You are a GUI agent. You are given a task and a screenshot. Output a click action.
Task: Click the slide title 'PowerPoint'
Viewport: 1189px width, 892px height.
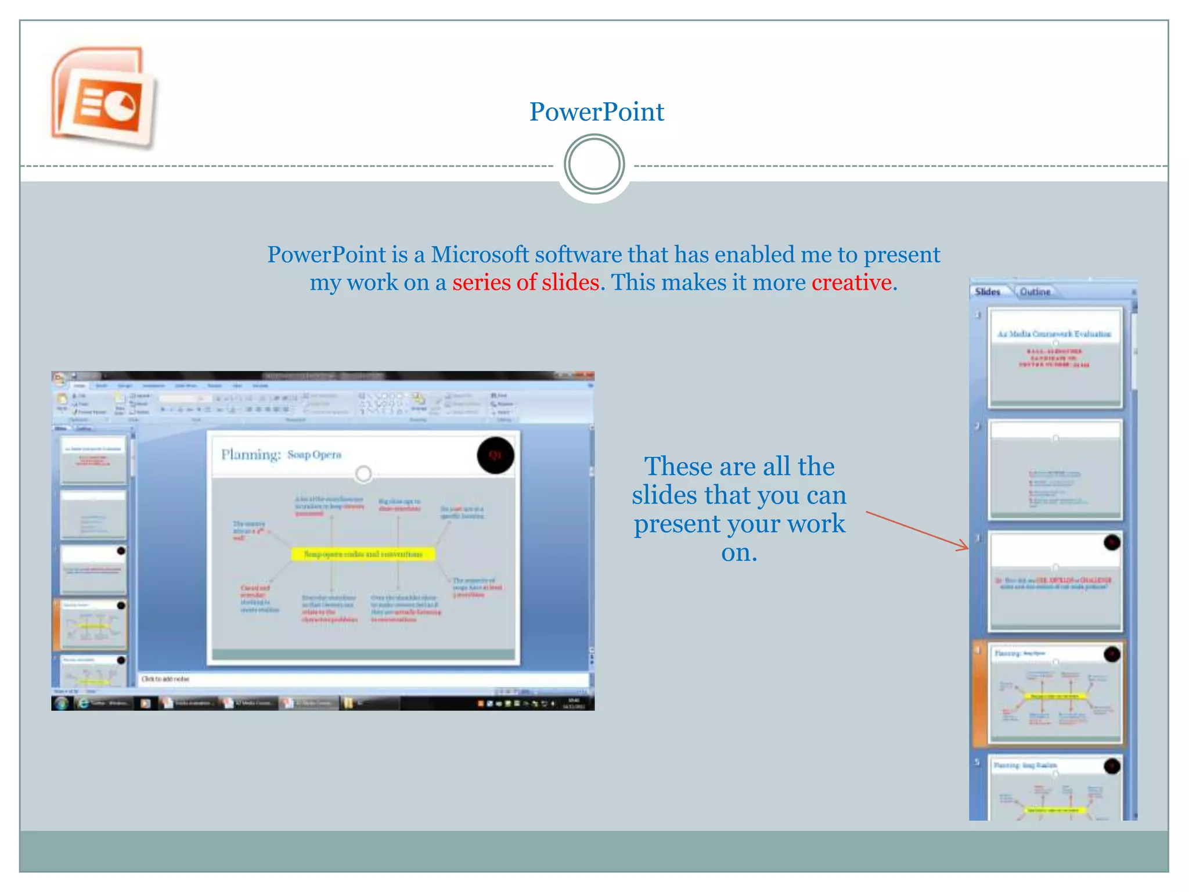tap(596, 111)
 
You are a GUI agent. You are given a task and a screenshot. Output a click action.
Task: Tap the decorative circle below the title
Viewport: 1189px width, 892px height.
tap(594, 164)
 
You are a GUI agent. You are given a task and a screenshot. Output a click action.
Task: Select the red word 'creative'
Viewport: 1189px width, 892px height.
tap(851, 282)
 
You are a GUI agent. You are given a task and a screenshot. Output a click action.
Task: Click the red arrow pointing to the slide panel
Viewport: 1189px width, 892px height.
tap(917, 530)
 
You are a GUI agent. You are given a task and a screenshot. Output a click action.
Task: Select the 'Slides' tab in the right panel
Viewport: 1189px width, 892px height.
tap(988, 292)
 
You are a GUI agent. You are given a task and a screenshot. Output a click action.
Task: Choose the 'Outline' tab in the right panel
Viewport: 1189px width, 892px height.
tap(1035, 292)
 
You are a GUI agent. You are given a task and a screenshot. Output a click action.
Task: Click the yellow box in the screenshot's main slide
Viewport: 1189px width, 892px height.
tap(363, 554)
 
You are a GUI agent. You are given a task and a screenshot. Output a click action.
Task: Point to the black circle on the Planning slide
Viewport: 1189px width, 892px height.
tap(495, 455)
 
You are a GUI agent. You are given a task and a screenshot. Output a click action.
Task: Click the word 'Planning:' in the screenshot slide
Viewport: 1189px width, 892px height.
tap(251, 454)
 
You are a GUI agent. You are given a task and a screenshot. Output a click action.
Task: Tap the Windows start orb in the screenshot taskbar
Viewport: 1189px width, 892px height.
tap(60, 703)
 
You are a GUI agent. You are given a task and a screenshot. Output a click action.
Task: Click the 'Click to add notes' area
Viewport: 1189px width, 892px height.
tap(166, 679)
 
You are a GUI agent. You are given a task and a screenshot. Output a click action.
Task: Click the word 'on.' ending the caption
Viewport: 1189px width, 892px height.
tap(739, 552)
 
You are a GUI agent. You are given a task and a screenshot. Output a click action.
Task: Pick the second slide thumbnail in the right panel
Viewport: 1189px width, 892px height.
tap(1054, 469)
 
